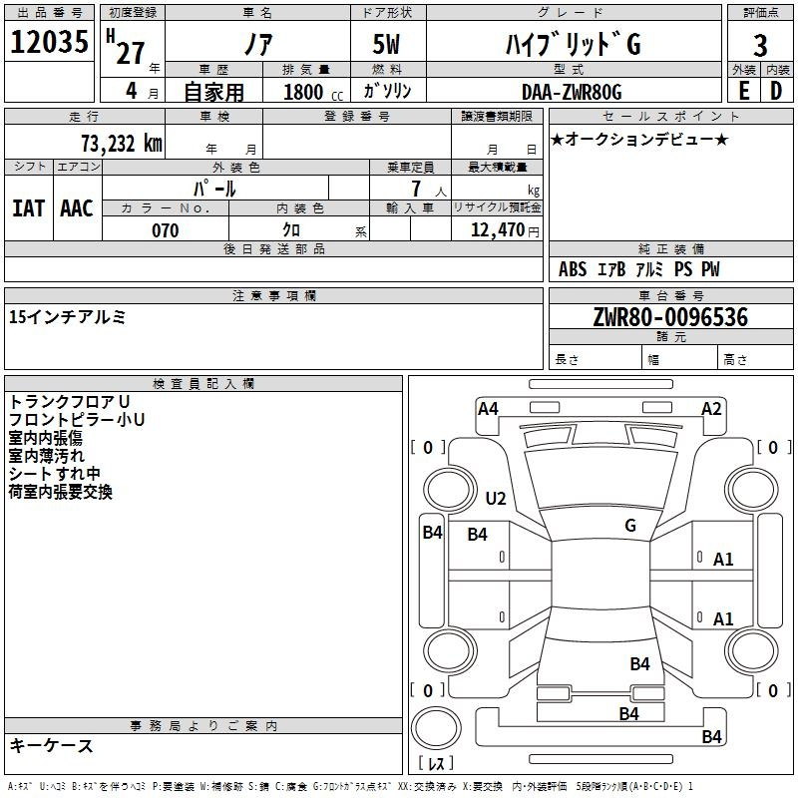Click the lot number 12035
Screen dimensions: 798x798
[x=49, y=42]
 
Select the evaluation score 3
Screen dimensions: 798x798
[x=760, y=45]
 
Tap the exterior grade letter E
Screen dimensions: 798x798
[x=744, y=91]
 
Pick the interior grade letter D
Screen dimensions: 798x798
[x=776, y=91]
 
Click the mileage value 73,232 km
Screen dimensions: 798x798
[x=121, y=144]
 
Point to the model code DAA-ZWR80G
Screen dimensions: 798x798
[x=572, y=92]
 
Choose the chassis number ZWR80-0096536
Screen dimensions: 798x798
[x=670, y=317]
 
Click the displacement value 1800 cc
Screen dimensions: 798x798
[x=313, y=92]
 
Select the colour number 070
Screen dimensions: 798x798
[x=165, y=230]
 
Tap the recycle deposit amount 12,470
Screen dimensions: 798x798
[x=497, y=230]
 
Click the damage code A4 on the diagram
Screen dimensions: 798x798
[x=488, y=409]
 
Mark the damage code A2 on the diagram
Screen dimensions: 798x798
[x=711, y=409]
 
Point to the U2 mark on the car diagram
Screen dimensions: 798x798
[x=495, y=498]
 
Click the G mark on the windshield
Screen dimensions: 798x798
[x=630, y=525]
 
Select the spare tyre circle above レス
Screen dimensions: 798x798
[x=436, y=728]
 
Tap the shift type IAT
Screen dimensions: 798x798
[x=29, y=208]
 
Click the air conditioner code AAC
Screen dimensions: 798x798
[x=77, y=208]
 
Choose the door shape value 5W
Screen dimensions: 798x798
[x=386, y=44]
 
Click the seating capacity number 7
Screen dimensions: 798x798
[x=416, y=189]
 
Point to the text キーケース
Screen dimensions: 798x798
[x=51, y=745]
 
